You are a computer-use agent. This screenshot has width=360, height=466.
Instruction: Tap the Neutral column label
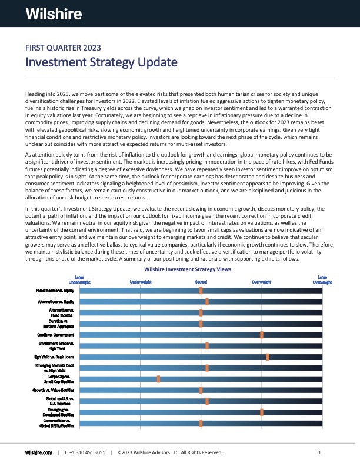[x=201, y=282]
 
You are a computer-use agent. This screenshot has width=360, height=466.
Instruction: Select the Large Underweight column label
[x=79, y=279]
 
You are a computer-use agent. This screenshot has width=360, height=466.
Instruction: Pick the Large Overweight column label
[x=322, y=279]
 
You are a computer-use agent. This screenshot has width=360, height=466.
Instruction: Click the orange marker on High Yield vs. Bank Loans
[x=268, y=357]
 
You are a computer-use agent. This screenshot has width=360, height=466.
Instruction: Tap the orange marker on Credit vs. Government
[x=262, y=335]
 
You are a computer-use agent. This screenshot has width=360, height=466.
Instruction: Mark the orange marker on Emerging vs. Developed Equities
[x=262, y=412]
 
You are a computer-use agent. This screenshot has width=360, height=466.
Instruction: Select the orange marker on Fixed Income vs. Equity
[x=201, y=291]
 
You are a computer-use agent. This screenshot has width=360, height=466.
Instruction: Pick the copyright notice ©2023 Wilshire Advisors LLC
[x=170, y=452]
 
